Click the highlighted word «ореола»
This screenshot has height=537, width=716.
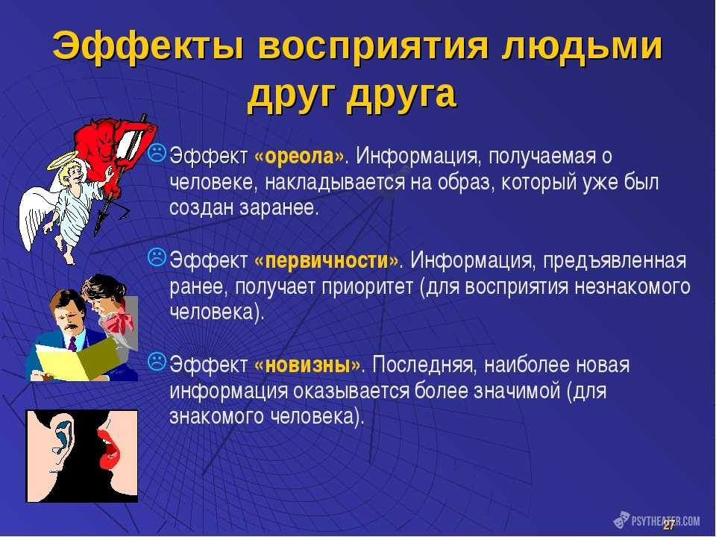click(299, 156)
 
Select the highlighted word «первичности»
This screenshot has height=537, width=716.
click(327, 261)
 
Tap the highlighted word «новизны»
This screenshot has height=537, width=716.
click(307, 365)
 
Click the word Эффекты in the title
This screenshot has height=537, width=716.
click(148, 46)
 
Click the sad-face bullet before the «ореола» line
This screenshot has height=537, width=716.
click(157, 153)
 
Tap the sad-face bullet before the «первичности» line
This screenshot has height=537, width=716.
click(157, 257)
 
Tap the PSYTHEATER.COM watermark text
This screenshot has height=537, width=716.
click(665, 521)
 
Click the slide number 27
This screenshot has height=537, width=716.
click(669, 525)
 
